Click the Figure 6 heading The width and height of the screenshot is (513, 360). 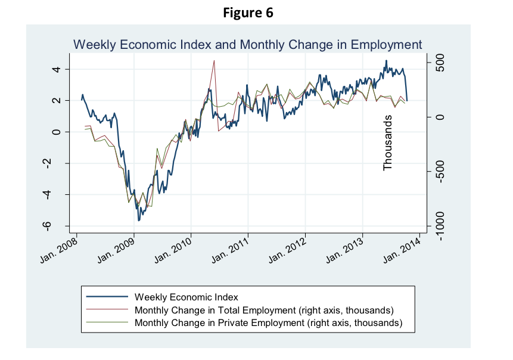click(x=248, y=13)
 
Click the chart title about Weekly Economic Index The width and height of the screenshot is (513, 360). click(x=247, y=45)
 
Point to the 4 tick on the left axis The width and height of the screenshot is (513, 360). click(x=57, y=70)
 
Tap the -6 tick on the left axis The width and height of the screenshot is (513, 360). click(x=57, y=226)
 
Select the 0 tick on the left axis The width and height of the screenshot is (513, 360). click(x=57, y=132)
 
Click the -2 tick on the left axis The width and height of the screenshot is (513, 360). click(x=57, y=163)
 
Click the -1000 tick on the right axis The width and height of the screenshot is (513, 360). click(x=440, y=226)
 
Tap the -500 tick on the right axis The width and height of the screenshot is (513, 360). click(x=440, y=172)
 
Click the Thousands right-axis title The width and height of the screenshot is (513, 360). click(x=388, y=143)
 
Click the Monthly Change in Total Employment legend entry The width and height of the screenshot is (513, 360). click(x=264, y=310)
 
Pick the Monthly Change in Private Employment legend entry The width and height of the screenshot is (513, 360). click(x=269, y=323)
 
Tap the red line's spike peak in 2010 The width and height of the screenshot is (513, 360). click(x=214, y=60)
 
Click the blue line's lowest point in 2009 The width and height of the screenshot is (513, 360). click(x=139, y=221)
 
